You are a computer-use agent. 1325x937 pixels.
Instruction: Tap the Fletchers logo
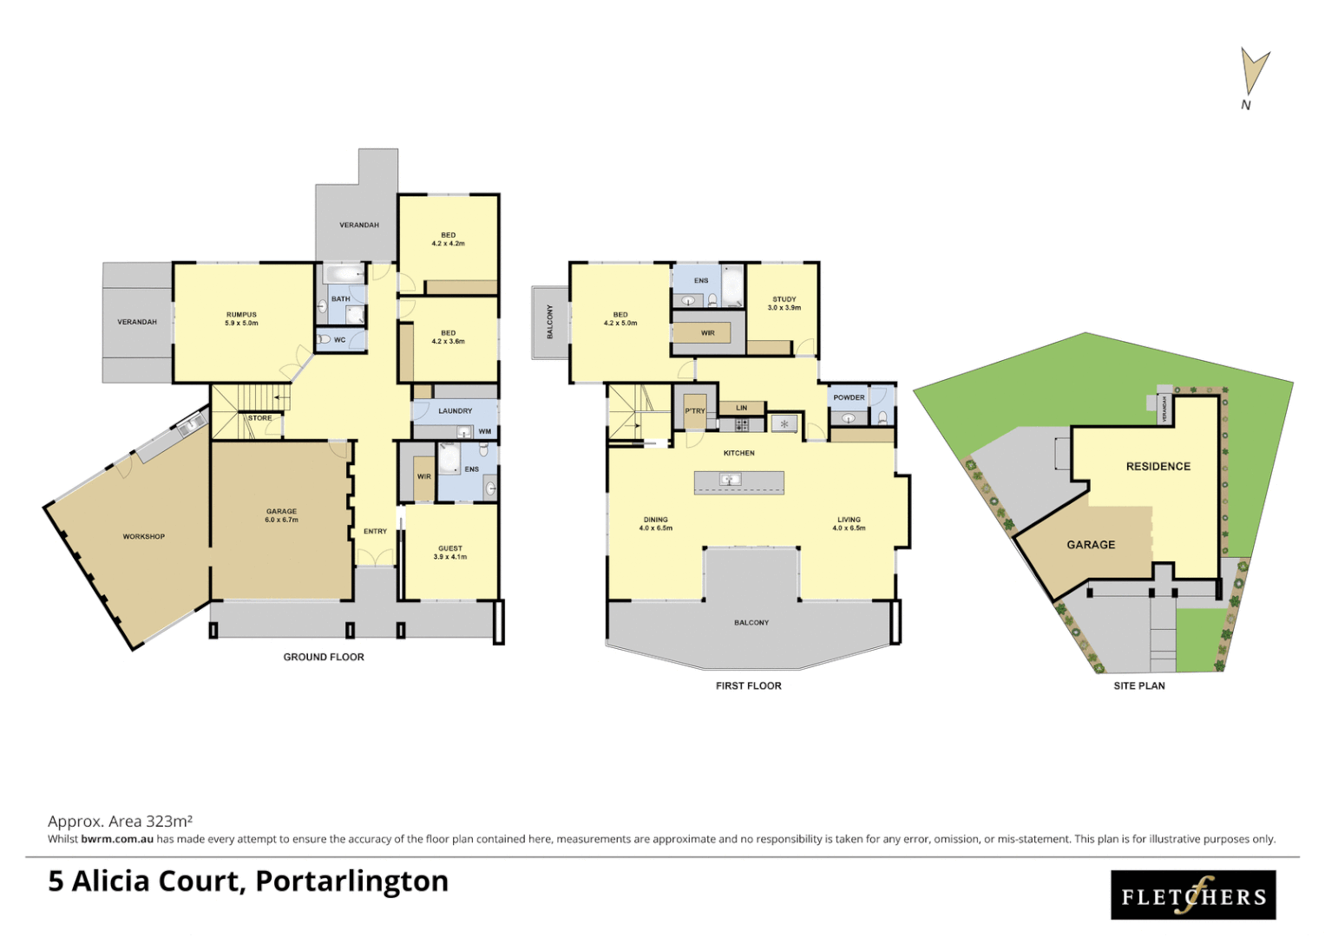[1193, 894]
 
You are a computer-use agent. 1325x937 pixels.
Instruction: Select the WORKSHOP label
[143, 536]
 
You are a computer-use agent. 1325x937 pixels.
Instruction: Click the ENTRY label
[375, 531]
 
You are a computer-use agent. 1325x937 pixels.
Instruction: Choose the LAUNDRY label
[455, 410]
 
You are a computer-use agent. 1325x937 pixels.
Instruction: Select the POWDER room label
[849, 397]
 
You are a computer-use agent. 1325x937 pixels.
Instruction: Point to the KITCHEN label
[738, 453]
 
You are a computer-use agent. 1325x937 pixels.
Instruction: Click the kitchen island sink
[730, 479]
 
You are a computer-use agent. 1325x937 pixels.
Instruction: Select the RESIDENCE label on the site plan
[1158, 466]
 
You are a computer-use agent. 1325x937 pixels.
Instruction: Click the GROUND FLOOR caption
[323, 657]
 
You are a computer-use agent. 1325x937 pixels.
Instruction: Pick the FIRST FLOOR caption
[748, 685]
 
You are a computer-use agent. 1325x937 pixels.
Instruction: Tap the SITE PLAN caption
[1138, 685]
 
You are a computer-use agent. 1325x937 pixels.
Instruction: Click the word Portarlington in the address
[351, 881]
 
